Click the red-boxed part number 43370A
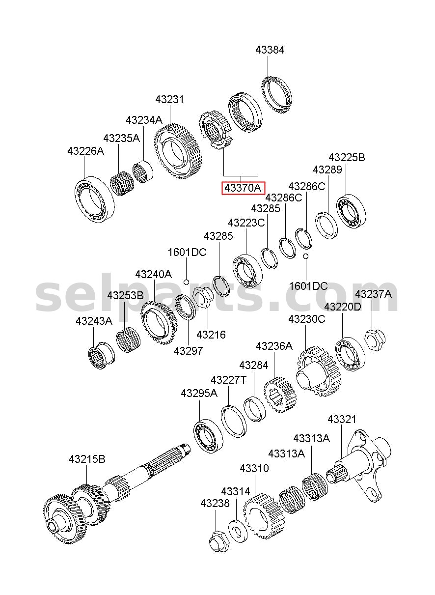click(243, 188)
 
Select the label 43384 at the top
click(270, 50)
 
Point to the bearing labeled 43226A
click(94, 198)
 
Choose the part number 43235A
click(121, 138)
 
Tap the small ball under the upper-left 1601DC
click(186, 282)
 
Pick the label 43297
click(188, 351)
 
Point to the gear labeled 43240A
click(159, 323)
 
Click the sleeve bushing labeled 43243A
click(101, 355)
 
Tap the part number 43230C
click(306, 319)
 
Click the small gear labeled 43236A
click(280, 395)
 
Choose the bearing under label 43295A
click(208, 436)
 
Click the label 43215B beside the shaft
click(87, 459)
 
